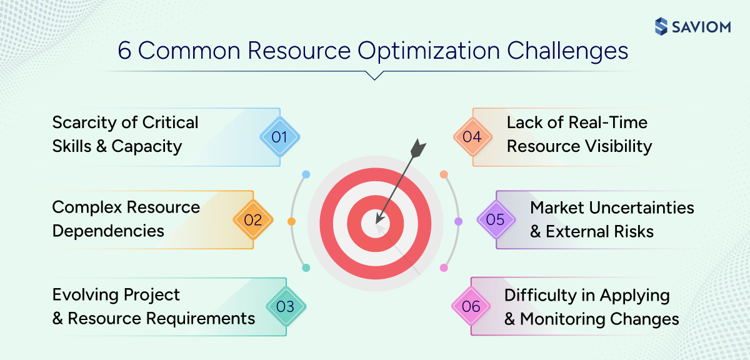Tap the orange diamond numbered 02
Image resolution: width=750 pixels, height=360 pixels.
pos(252,220)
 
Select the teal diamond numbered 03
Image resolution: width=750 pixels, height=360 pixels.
pos(285,306)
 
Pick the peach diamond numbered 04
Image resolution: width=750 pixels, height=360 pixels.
pos(472,136)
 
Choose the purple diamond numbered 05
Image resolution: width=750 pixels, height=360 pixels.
pos(495,220)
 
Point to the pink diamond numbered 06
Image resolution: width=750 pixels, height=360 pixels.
pos(471,306)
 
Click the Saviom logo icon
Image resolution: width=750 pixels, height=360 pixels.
pos(661,26)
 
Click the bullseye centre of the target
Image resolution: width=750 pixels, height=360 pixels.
pos(377,220)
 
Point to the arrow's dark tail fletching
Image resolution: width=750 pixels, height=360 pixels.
pos(418,149)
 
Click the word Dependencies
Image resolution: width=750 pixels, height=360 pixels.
pos(108,231)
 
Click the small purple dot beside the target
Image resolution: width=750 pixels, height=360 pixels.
pos(458,221)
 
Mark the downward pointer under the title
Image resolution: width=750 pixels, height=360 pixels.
pos(374,76)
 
